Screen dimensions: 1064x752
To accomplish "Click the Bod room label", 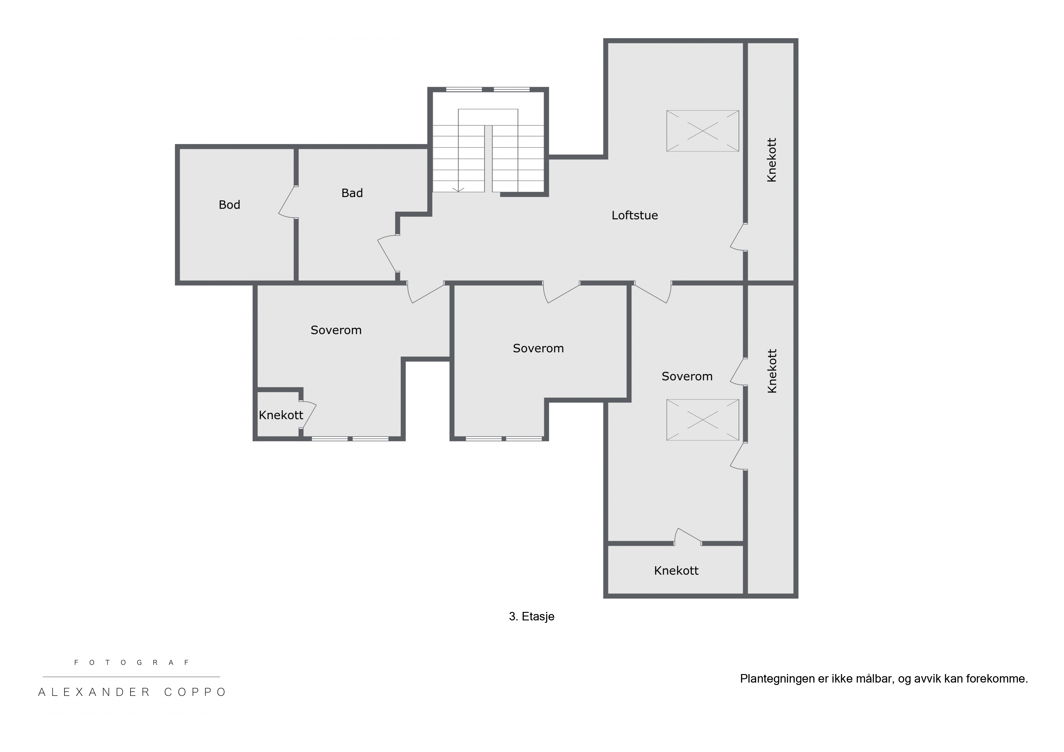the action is [229, 205].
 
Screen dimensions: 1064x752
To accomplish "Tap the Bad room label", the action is [352, 193].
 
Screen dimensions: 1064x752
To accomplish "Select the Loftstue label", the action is [635, 216].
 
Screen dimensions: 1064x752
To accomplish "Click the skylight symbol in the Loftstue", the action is [702, 131].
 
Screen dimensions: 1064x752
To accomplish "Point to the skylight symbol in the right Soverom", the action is [702, 420].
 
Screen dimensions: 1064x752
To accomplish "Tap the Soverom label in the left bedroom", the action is [336, 330].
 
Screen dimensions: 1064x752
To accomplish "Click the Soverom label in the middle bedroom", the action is [538, 348].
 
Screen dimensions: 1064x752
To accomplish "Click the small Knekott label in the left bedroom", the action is [281, 415].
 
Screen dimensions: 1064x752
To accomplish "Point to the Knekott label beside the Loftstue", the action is [772, 160].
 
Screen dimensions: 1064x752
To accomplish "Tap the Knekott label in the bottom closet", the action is [676, 571].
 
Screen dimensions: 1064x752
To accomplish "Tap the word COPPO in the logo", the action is [195, 692].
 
